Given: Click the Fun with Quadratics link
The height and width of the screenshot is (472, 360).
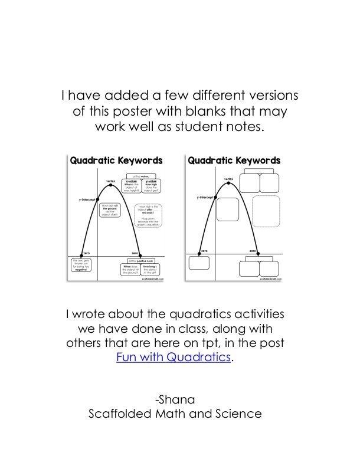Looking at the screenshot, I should pos(172,357).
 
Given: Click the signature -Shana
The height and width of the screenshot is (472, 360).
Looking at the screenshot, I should pos(175,399).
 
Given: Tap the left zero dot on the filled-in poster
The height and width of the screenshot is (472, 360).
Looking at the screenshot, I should pos(87,255).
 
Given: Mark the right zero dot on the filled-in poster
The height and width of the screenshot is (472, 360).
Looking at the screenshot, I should pos(140,255).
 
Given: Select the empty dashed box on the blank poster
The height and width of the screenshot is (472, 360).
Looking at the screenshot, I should pos(266,211).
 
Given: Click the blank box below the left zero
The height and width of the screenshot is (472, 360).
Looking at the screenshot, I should pos(199,263).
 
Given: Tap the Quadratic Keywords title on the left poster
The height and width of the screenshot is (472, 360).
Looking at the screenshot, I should pos(116,160).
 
